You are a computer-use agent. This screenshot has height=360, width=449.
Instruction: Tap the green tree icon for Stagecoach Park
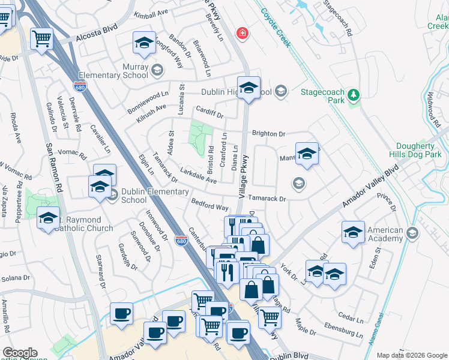click(x=354, y=94)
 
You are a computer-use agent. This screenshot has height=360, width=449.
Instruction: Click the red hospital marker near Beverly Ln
click(x=242, y=32)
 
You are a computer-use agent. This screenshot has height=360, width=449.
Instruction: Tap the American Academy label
click(x=385, y=234)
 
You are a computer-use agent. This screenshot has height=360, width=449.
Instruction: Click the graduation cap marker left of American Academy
click(x=354, y=232)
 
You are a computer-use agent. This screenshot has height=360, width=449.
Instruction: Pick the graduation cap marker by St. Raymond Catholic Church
click(x=48, y=218)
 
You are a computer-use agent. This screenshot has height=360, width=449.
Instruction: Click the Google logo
click(x=20, y=353)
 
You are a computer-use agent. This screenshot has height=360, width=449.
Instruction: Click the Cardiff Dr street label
click(x=209, y=112)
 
